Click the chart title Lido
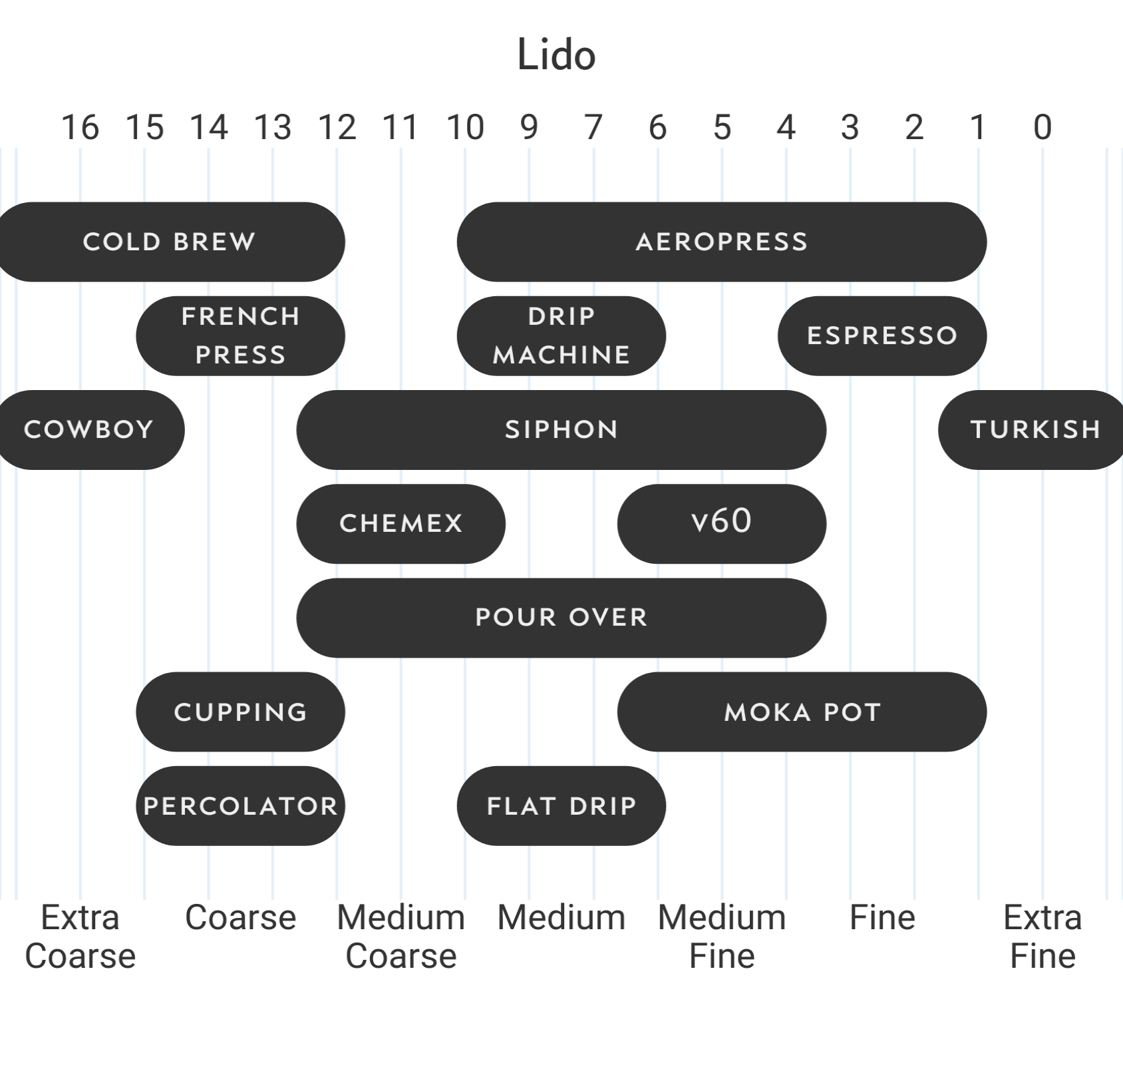(556, 55)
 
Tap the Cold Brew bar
(169, 242)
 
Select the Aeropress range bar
(721, 242)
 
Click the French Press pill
(240, 335)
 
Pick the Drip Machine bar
(561, 335)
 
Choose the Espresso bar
(882, 335)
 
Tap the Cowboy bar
(89, 429)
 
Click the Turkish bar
(1035, 429)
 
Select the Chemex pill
(401, 523)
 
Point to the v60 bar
(721, 523)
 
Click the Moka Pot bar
(802, 712)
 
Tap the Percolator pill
(240, 805)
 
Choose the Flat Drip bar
(561, 805)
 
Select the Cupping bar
(240, 712)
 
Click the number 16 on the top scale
(80, 127)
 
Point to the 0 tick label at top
(1043, 127)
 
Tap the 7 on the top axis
(593, 127)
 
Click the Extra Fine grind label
(1043, 937)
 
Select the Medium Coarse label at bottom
(401, 937)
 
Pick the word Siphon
(561, 429)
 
